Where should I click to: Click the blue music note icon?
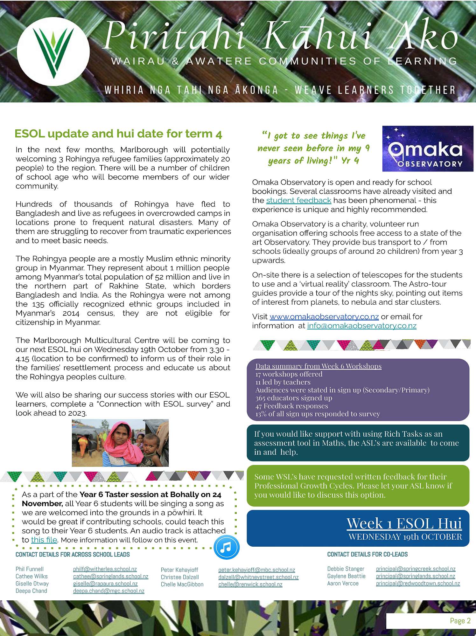pyautogui.click(x=226, y=547)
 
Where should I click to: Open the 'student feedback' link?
pyautogui.click(x=298, y=201)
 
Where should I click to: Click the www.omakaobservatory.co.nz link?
pyautogui.click(x=324, y=317)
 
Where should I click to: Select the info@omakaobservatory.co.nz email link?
pyautogui.click(x=361, y=326)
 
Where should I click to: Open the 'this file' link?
pyautogui.click(x=44, y=540)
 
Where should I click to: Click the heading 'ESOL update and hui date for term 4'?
pyautogui.click(x=118, y=134)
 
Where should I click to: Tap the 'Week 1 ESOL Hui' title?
pyautogui.click(x=404, y=523)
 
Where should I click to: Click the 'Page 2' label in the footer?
pyautogui.click(x=460, y=620)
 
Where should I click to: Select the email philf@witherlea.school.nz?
pyautogui.click(x=105, y=569)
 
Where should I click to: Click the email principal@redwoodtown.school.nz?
pyautogui.click(x=418, y=584)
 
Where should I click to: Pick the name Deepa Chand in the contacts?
pyautogui.click(x=31, y=591)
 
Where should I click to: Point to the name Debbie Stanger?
pyautogui.click(x=346, y=569)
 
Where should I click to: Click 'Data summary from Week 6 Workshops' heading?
pyautogui.click(x=318, y=366)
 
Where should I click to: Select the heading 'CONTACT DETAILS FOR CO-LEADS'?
pyautogui.click(x=367, y=555)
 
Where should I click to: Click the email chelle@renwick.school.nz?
pyautogui.click(x=250, y=584)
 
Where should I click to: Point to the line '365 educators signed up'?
pyautogui.click(x=294, y=398)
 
